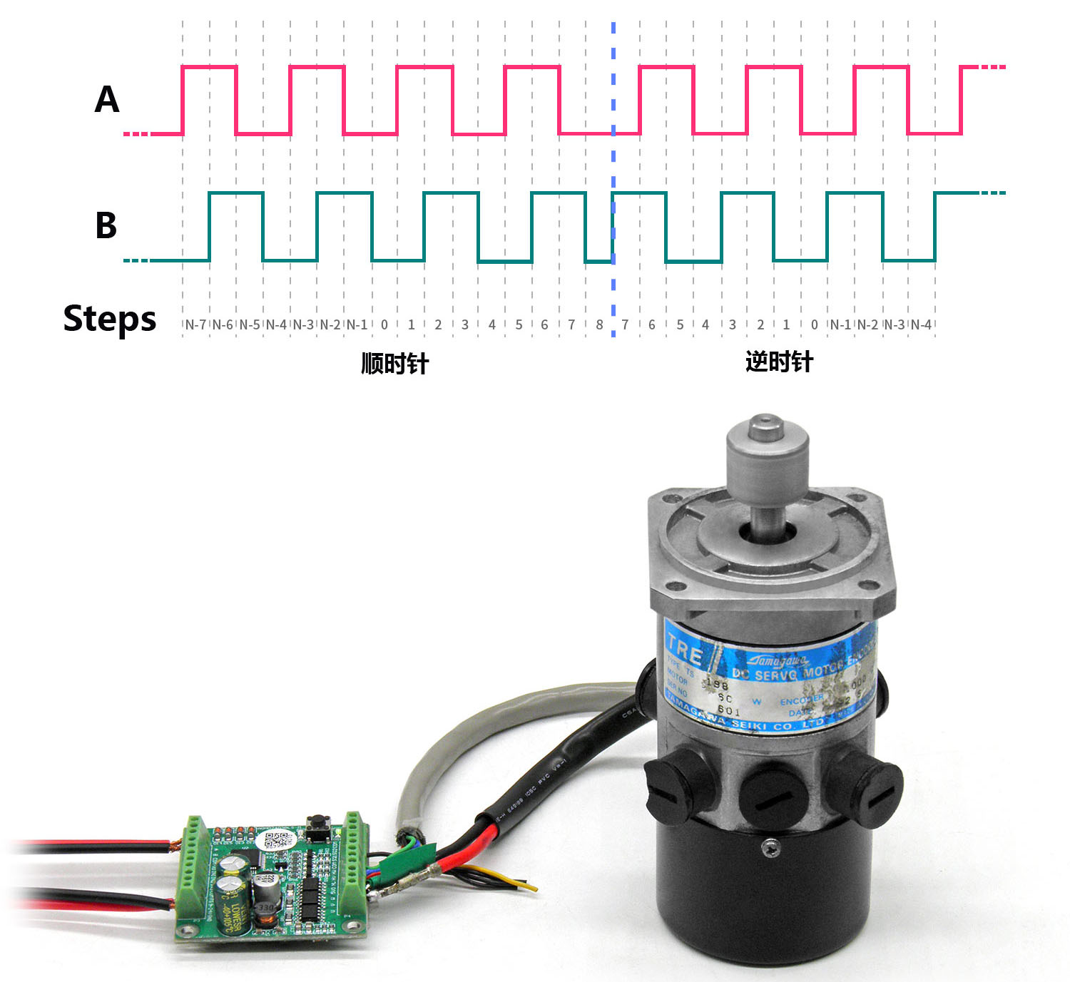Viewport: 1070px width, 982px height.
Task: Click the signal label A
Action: (x=107, y=99)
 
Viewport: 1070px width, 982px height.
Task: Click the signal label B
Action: (x=106, y=225)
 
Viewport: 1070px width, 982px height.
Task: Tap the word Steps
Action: (x=109, y=318)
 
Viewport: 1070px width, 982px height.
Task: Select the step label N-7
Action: (x=195, y=325)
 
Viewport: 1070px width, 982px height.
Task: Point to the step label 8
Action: (x=599, y=325)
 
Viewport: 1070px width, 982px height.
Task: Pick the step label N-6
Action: (x=223, y=325)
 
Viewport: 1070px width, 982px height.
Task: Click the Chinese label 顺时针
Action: (x=394, y=364)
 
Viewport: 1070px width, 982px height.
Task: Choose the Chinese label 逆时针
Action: (x=779, y=362)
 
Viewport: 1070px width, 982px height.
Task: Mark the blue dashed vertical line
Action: (x=613, y=178)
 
